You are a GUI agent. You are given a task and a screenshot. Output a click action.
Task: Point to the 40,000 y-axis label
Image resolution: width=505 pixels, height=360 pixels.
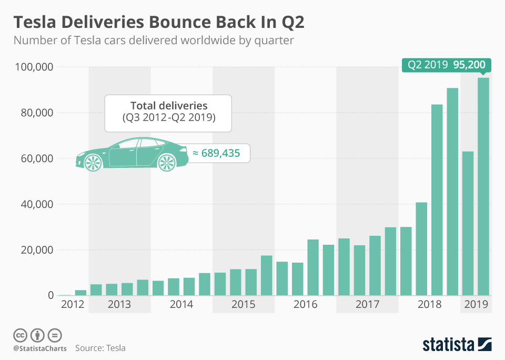(35, 204)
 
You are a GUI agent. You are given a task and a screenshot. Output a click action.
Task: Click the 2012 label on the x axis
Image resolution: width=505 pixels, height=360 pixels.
(72, 304)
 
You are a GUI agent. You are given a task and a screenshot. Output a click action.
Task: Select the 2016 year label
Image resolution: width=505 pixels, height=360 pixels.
(305, 304)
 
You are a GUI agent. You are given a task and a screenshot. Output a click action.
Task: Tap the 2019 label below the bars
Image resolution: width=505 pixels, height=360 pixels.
(476, 304)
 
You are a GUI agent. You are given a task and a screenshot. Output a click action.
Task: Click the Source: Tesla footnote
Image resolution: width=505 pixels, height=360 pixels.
(100, 348)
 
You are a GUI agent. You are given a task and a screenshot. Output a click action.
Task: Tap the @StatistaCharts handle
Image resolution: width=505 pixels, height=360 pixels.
(40, 348)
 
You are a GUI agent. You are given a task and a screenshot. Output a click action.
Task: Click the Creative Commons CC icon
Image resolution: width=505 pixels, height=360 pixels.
(20, 335)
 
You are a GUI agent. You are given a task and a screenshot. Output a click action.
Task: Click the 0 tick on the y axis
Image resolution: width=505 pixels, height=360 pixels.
(50, 296)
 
